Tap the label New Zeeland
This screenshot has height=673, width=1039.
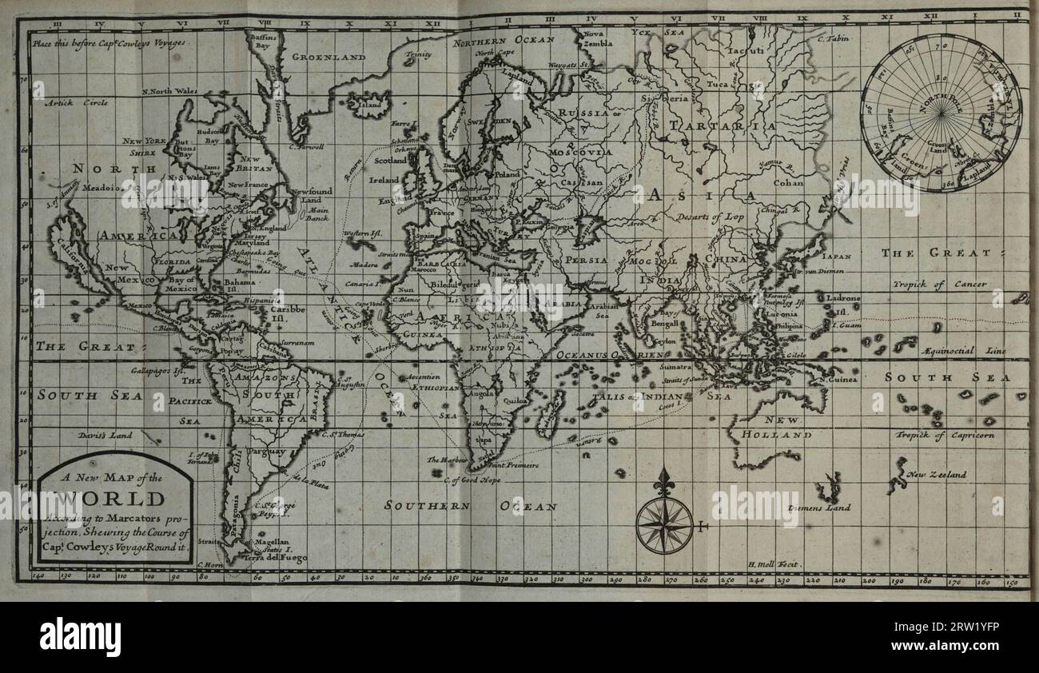(x=936, y=475)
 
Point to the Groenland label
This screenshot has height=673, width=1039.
(x=328, y=58)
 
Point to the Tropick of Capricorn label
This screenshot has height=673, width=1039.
(x=945, y=436)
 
